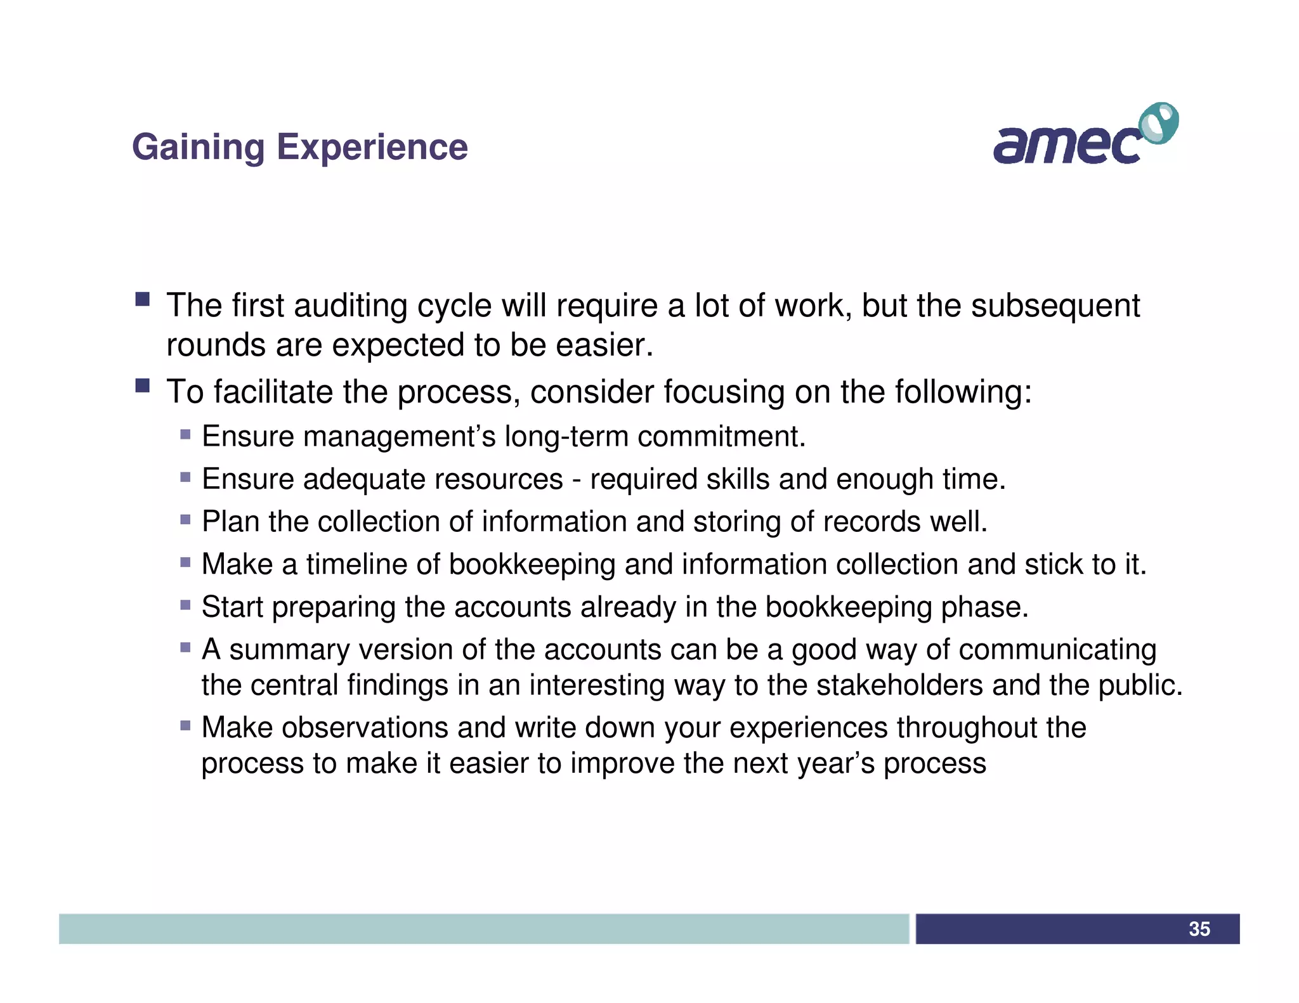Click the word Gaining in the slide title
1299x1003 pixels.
click(198, 148)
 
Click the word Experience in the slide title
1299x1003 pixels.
click(372, 148)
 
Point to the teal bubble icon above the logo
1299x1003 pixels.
click(1159, 123)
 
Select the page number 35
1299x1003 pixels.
click(1199, 929)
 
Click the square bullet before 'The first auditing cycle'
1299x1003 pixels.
click(142, 299)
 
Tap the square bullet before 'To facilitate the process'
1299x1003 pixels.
click(142, 385)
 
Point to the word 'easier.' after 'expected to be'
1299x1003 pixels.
click(604, 346)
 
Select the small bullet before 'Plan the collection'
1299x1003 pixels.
click(185, 520)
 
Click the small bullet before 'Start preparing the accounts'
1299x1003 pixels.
click(185, 605)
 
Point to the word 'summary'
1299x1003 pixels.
click(289, 650)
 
